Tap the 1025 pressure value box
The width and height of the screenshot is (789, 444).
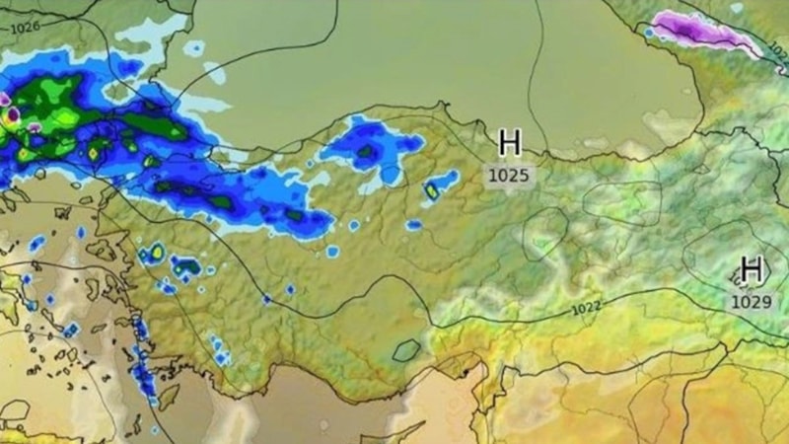(509, 176)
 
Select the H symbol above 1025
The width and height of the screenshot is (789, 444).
(509, 143)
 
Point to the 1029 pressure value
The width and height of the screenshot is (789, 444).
(752, 301)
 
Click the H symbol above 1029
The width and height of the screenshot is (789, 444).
(752, 268)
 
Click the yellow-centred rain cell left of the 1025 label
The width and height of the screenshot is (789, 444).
(432, 189)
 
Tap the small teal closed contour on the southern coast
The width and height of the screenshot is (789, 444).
(405, 349)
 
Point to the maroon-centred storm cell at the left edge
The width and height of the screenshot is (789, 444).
(12, 115)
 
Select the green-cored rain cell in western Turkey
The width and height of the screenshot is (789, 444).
(185, 265)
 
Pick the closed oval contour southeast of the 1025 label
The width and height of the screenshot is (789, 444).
(544, 234)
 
